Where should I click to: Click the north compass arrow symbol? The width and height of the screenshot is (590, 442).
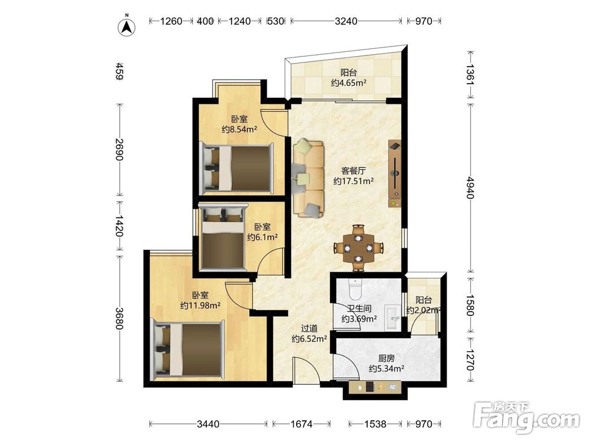[x=127, y=27]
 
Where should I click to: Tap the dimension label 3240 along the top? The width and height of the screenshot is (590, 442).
[x=346, y=21]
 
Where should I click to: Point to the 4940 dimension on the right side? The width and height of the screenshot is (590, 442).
[x=470, y=187]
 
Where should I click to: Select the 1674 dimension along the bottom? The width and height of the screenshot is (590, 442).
[x=301, y=424]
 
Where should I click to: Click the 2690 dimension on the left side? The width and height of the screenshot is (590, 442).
[x=119, y=149]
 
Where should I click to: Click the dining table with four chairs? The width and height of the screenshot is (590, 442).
[x=359, y=248]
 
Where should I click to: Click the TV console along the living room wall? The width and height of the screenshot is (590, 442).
[x=394, y=173]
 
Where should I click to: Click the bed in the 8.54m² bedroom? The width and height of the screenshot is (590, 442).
[x=237, y=167]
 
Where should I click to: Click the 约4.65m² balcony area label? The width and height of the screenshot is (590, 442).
[x=349, y=83]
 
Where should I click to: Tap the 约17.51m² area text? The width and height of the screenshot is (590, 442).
[x=353, y=181]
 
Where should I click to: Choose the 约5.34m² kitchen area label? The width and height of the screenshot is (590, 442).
[x=386, y=368]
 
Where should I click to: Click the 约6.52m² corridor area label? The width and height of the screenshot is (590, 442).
[x=309, y=339]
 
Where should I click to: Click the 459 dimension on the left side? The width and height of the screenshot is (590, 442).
[x=119, y=71]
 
